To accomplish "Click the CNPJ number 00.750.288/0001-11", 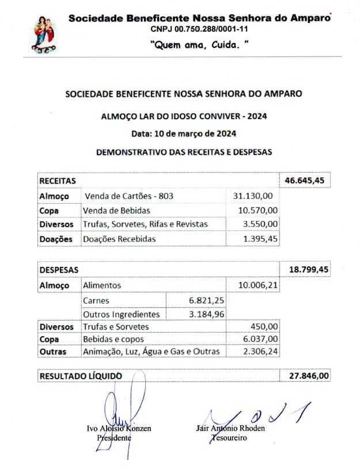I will [x=199, y=29].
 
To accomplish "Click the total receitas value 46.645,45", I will [x=304, y=181].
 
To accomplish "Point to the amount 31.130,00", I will [x=255, y=196].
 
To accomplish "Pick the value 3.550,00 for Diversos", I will [x=259, y=224].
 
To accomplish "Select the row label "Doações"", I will [x=56, y=238].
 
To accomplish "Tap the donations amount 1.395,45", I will [x=258, y=238].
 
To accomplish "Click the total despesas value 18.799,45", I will [x=304, y=269].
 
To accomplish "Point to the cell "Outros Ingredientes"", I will [x=121, y=314].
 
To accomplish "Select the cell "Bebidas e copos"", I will [x=113, y=339].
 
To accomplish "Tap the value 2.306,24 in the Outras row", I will [x=259, y=352].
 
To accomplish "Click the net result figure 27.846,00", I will [x=305, y=376].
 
